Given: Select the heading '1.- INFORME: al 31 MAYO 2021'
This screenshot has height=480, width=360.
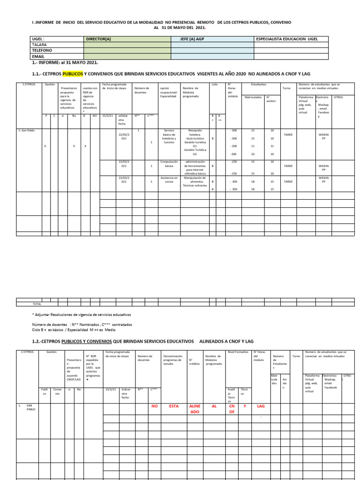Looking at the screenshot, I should pyautogui.click(x=65, y=62).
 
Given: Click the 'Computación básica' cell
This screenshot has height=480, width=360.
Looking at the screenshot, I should pyautogui.click(x=169, y=164).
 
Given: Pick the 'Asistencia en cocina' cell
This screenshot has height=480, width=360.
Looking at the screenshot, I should pyautogui.click(x=169, y=180).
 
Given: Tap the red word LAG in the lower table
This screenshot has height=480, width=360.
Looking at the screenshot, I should pyautogui.click(x=261, y=393).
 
